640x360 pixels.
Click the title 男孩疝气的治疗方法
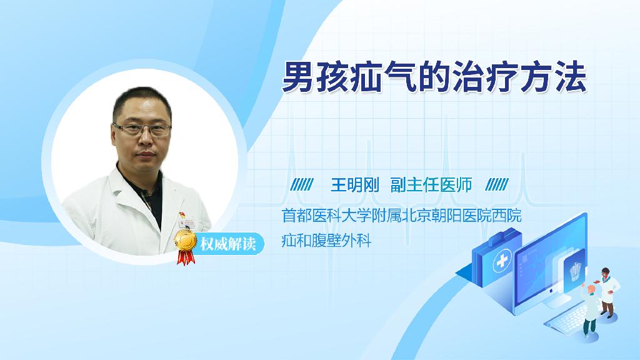click(x=434, y=77)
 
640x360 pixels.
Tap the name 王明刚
click(x=355, y=185)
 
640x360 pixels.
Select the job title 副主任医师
click(x=431, y=185)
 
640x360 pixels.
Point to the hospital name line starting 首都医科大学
click(x=402, y=216)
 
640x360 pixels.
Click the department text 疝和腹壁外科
click(x=326, y=241)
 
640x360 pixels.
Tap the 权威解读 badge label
click(x=227, y=244)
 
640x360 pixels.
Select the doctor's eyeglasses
click(x=142, y=129)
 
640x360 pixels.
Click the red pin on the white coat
click(x=182, y=215)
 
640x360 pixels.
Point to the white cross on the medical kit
click(x=502, y=261)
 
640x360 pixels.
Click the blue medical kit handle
click(x=501, y=236)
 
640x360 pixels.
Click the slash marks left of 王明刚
click(x=302, y=185)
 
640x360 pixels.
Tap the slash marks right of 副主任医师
click(x=497, y=185)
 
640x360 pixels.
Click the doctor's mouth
click(x=144, y=155)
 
